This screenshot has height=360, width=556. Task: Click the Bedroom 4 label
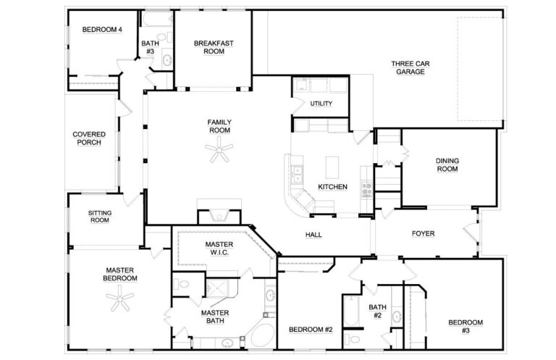(101, 30)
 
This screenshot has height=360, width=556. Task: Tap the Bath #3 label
(150, 47)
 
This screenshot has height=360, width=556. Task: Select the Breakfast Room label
(213, 47)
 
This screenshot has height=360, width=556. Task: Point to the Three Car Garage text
(410, 67)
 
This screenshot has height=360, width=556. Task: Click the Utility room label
(321, 104)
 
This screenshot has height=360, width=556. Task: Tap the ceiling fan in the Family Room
(219, 151)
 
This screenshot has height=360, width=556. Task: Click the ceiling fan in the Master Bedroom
(119, 296)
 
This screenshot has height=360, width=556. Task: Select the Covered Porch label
(89, 138)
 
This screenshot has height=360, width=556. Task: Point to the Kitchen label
(332, 187)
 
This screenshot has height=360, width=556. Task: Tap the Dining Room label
(447, 164)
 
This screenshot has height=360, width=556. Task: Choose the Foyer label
(423, 234)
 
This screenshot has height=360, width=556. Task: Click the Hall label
(313, 235)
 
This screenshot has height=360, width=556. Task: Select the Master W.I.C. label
(219, 248)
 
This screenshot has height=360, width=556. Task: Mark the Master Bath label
(215, 317)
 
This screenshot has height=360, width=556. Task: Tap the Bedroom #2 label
(310, 330)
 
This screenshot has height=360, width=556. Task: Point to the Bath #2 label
(377, 311)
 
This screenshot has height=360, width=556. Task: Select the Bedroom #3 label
(465, 326)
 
